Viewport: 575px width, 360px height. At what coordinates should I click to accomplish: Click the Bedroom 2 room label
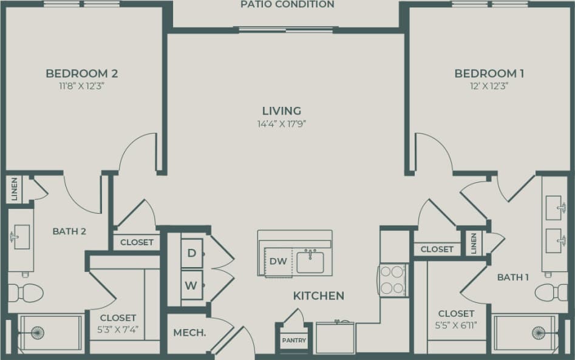pos(81,73)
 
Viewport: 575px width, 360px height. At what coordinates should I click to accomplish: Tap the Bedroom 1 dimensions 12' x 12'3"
pos(489,86)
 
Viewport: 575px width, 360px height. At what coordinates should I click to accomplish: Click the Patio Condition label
pos(287,5)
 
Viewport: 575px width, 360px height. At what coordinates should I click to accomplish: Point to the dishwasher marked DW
pos(278,262)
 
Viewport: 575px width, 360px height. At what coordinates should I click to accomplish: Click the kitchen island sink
pos(310,262)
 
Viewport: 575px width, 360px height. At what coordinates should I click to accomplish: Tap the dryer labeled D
pos(191,253)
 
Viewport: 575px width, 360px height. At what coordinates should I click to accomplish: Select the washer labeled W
pos(191,285)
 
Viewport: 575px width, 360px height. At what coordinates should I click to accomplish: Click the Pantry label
pos(294,341)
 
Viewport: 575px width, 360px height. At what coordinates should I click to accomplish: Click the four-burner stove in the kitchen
pos(393,280)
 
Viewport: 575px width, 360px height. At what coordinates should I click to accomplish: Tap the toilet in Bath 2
pos(27,293)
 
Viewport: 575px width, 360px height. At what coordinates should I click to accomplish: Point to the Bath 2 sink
pos(20,234)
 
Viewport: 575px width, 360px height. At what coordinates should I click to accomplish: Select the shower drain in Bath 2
pos(38,333)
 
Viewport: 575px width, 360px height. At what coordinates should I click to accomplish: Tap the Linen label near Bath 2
pos(15,190)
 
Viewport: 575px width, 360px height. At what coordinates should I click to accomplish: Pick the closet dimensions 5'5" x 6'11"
pos(455,324)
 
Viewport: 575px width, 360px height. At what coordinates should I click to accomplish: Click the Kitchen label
pos(319,296)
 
